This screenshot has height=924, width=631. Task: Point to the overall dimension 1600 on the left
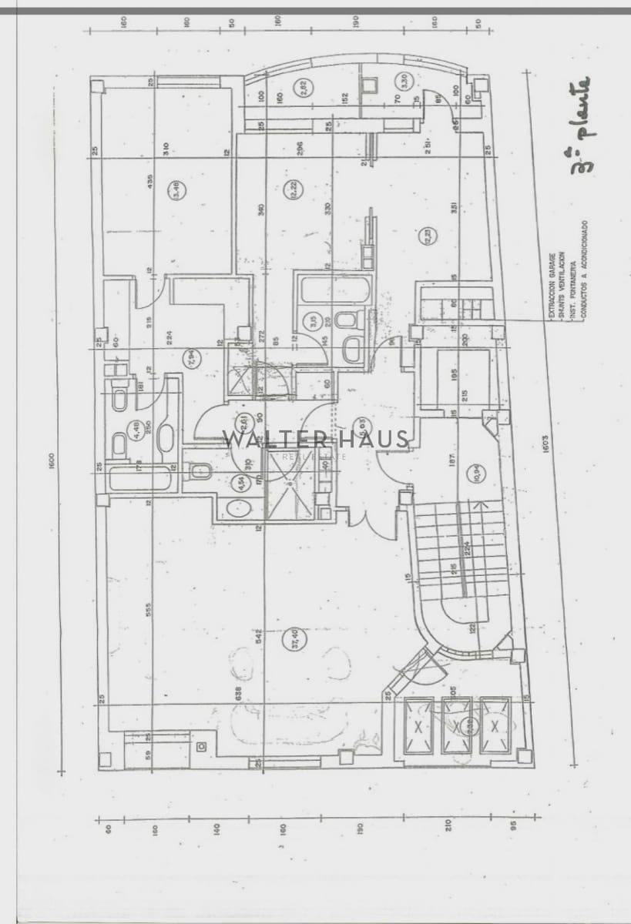[52, 460]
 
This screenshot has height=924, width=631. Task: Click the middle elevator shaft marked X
[456, 725]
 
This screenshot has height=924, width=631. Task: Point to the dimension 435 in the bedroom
[149, 183]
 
